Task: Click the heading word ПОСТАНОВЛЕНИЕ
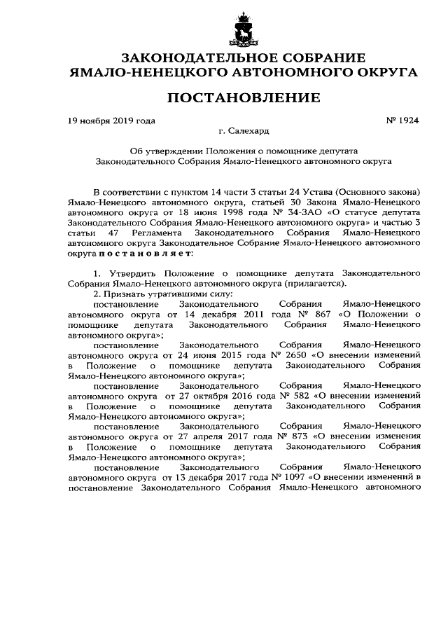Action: tap(223, 96)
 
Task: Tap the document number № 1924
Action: tap(402, 120)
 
